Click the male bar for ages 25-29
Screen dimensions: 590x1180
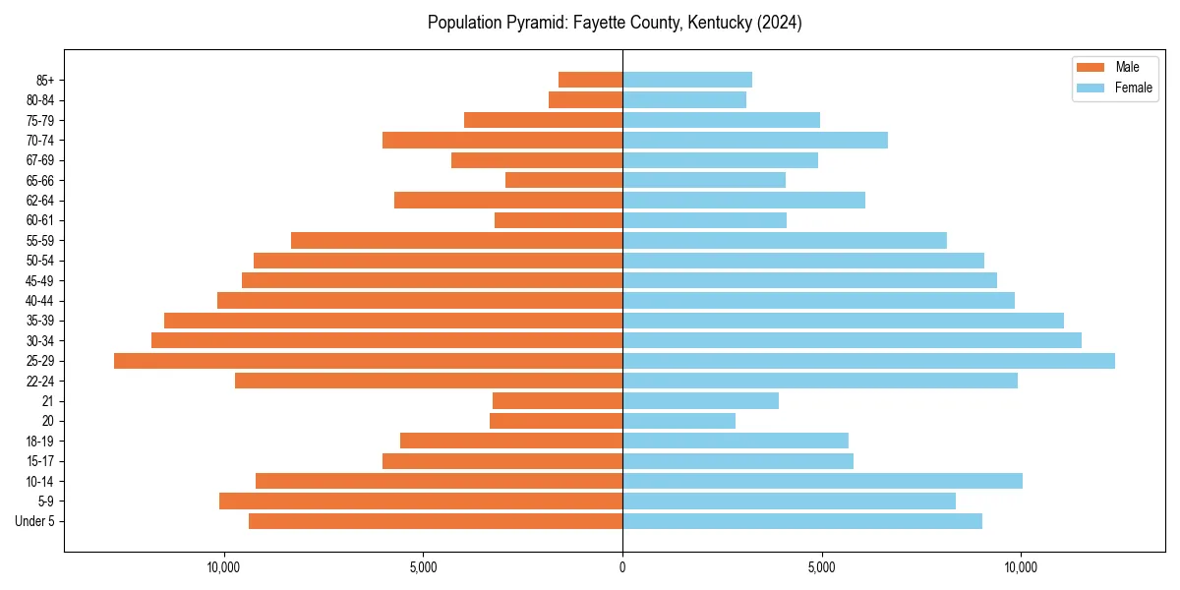pos(369,361)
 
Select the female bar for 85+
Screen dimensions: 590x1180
pos(687,80)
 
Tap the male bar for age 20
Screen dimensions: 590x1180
pos(556,421)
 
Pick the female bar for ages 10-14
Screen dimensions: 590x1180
pos(822,481)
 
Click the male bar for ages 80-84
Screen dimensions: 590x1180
pos(585,99)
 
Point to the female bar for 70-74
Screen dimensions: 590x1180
pos(755,140)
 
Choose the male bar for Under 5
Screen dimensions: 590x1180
pos(436,521)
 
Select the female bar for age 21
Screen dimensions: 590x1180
pos(700,400)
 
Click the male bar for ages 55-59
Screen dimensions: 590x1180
pos(457,240)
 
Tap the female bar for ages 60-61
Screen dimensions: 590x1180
pos(704,220)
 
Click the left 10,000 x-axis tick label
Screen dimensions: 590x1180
pos(224,567)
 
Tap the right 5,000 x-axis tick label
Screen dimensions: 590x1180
pos(821,567)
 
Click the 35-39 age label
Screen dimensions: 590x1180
pos(39,321)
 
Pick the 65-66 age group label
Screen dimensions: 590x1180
pos(39,180)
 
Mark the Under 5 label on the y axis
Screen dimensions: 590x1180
pos(34,521)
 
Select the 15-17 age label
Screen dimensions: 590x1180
pos(39,461)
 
